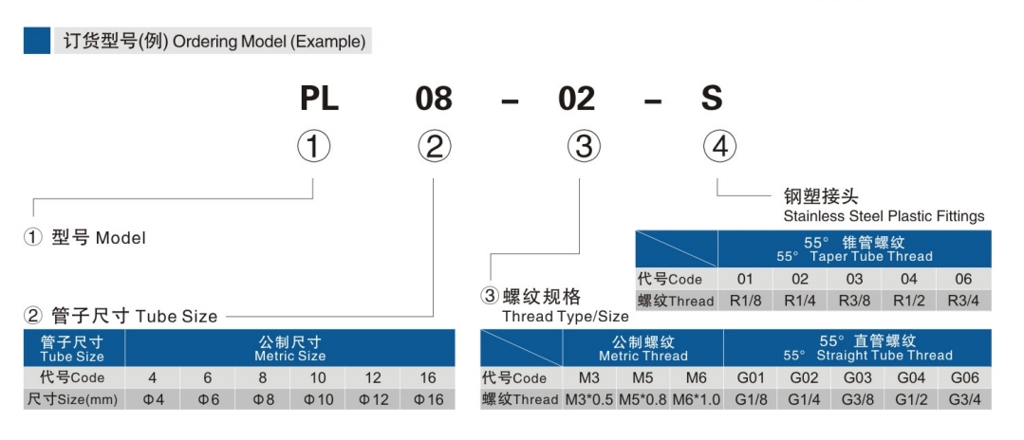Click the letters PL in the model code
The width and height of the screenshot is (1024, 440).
320,98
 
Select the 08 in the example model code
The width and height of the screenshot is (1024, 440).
433,98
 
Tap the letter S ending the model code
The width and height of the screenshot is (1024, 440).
711,98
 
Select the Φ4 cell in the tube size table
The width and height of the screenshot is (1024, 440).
153,399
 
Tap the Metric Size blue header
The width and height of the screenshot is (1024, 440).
289,348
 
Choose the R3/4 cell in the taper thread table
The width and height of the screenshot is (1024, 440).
963,301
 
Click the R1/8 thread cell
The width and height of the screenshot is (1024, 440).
745,301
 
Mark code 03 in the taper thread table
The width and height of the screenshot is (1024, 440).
854,279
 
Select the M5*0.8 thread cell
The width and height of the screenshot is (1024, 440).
642,399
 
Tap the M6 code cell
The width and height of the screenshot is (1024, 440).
696,377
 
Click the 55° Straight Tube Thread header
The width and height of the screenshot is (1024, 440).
867,348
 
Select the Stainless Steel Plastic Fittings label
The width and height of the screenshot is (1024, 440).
884,216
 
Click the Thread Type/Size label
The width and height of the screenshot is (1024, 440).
565,316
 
